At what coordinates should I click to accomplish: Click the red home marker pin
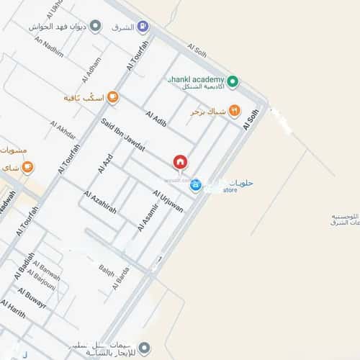pos(179,161)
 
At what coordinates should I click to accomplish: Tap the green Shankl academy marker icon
pos(233,80)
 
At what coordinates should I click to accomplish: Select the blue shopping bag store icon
pos(195,185)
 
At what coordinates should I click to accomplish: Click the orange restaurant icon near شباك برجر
pos(234,112)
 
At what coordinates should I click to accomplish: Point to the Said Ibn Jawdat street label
pos(124,135)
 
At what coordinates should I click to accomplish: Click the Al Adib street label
pos(156,120)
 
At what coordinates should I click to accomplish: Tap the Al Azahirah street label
pos(100,201)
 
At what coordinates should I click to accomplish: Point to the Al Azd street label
pos(105,163)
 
